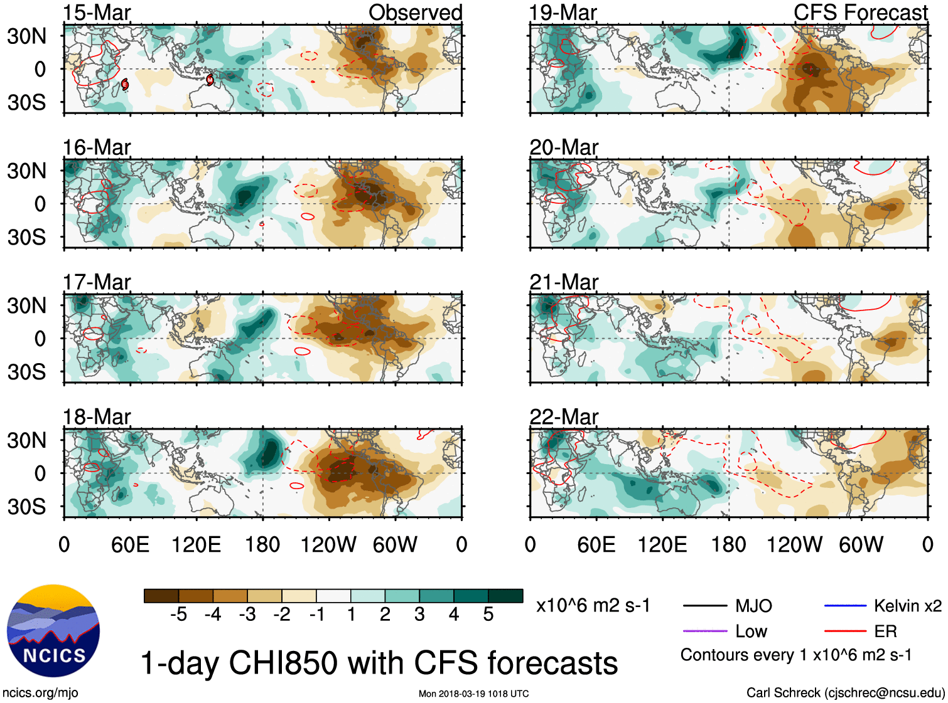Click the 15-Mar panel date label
coord(97,13)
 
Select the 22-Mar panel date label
coord(564,417)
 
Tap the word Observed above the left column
coord(415,13)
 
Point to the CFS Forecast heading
coord(860,13)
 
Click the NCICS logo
coord(53,631)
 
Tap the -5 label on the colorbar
coord(178,615)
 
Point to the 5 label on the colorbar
coord(488,615)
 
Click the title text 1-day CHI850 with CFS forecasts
coord(379,663)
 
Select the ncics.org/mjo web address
coord(40,693)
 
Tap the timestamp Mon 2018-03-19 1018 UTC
coord(473,694)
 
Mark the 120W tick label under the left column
coord(328,544)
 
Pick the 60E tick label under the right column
coord(596,544)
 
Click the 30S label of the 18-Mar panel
coord(27,507)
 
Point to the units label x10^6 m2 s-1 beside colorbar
coord(593,606)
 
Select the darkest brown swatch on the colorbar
coord(161,596)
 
